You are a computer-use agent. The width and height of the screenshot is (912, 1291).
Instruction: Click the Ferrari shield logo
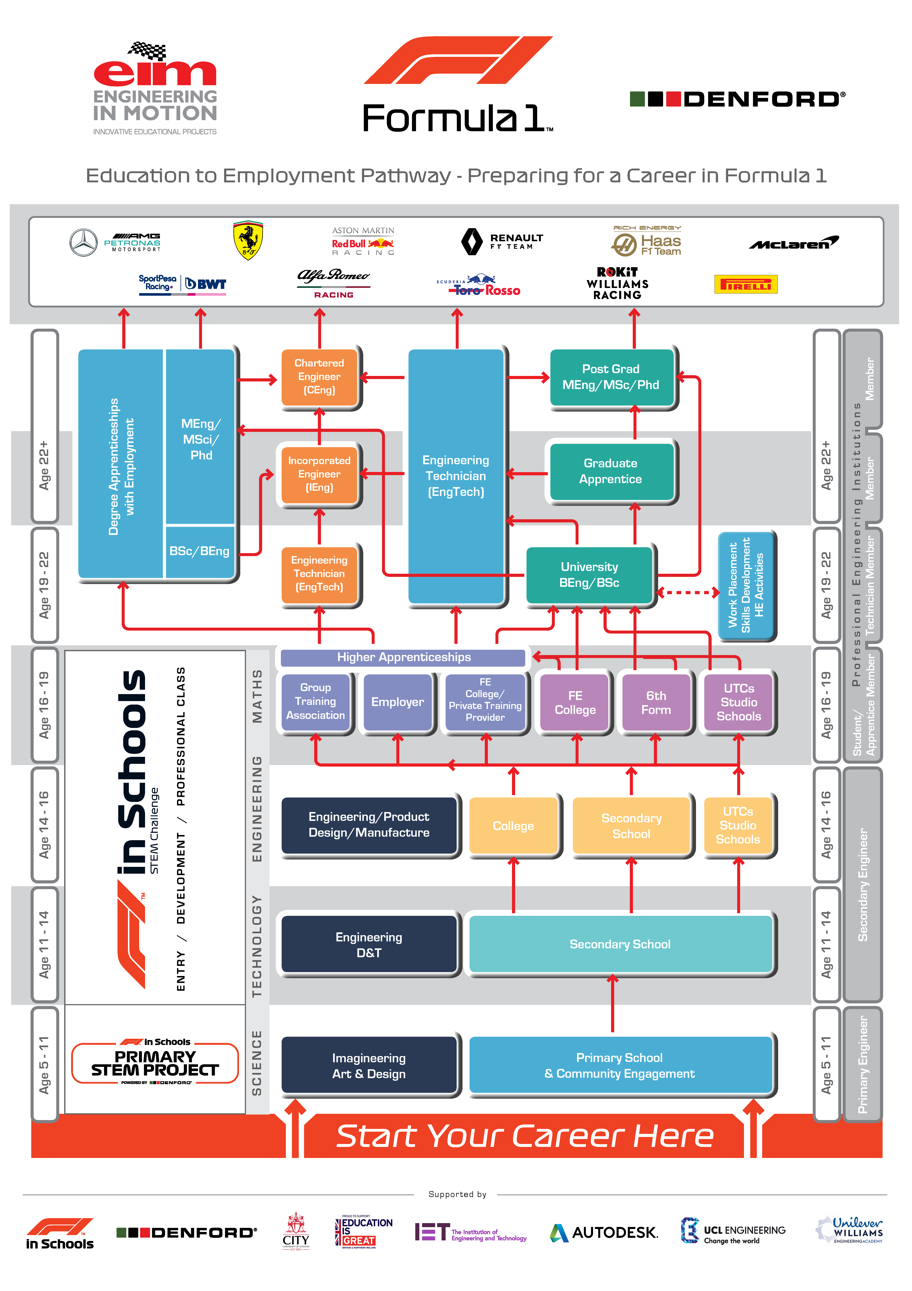click(x=248, y=241)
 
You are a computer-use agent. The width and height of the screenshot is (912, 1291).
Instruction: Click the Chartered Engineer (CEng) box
click(x=319, y=377)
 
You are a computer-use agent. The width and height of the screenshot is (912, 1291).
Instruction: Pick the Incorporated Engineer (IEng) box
click(x=319, y=474)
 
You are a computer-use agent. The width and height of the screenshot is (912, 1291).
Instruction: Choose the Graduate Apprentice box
click(x=611, y=471)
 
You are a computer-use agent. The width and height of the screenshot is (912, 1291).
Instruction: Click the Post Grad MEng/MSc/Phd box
click(x=611, y=377)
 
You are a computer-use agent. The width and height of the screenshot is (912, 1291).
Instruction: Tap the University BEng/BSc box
click(x=589, y=575)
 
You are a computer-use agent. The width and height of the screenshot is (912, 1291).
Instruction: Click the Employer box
click(x=397, y=702)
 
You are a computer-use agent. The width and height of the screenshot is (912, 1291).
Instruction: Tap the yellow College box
click(x=513, y=825)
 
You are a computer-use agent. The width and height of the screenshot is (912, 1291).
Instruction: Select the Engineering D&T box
click(x=369, y=945)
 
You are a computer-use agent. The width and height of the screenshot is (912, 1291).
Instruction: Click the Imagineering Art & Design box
click(x=369, y=1066)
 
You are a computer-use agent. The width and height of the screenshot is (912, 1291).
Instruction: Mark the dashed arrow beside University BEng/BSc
click(x=688, y=592)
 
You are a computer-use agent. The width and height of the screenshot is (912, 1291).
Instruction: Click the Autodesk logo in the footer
click(x=604, y=1232)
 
